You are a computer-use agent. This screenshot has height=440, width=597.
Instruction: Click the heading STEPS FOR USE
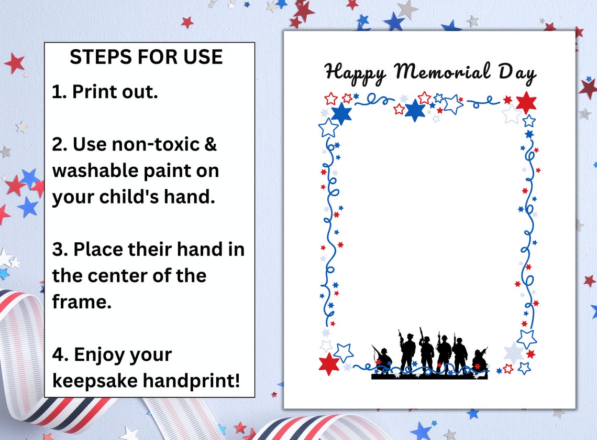(146, 57)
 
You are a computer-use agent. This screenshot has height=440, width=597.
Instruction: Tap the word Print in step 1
(96, 92)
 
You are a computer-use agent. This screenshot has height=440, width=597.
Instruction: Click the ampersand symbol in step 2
(210, 144)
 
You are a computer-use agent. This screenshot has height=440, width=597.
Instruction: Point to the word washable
(96, 170)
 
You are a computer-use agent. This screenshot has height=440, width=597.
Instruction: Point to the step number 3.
(57, 250)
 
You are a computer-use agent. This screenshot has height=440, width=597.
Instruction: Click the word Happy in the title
(355, 72)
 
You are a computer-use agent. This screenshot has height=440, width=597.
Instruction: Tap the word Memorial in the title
(443, 71)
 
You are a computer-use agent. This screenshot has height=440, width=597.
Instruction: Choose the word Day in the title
(517, 72)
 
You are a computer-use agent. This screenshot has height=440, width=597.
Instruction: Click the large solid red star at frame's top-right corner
(525, 102)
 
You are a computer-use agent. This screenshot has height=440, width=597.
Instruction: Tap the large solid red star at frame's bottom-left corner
(329, 363)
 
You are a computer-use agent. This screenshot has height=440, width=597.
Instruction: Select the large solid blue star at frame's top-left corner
(341, 113)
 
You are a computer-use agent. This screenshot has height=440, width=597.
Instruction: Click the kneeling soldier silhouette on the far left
(383, 358)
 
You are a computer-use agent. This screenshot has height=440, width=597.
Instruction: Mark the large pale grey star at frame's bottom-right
(513, 352)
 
